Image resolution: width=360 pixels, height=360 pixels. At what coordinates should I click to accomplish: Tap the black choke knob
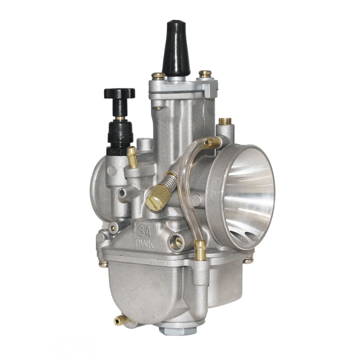tap(119, 94)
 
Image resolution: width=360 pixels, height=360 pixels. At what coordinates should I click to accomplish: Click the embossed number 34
tap(145, 231)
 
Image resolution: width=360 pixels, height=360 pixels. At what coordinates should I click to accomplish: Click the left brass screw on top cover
tap(158, 76)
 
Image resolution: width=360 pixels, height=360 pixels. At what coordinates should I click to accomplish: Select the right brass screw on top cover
tap(205, 73)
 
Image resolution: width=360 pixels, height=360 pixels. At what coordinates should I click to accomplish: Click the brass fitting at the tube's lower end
tap(200, 250)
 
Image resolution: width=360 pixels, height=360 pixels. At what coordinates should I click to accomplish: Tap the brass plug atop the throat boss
tap(225, 121)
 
